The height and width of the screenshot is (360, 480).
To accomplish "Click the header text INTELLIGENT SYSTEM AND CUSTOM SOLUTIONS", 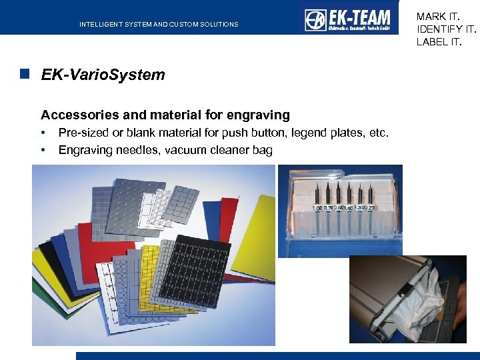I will point(159,25).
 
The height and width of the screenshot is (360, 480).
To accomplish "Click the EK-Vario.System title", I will point(103,75).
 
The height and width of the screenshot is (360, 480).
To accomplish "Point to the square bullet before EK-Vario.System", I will point(25,75).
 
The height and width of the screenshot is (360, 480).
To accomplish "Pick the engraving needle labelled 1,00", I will point(317,193).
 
